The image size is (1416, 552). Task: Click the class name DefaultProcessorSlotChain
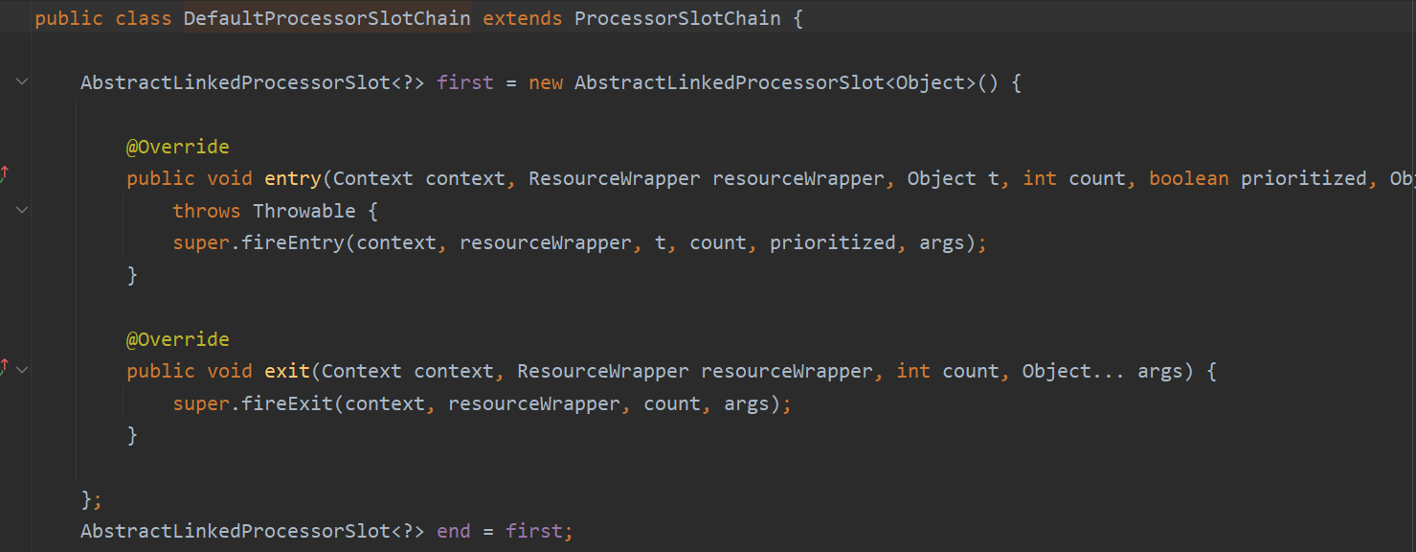point(326,18)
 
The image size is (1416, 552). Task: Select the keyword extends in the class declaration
point(522,18)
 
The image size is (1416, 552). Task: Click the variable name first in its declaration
point(464,82)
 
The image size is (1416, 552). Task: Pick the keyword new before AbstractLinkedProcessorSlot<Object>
point(546,82)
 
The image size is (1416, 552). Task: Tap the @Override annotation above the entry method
point(177,147)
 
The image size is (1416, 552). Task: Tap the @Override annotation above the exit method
point(177,339)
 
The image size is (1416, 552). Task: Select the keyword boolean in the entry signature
point(1188,178)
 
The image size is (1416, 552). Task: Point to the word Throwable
point(303,211)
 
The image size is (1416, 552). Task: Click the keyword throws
point(207,211)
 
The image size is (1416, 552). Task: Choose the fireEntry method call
point(292,242)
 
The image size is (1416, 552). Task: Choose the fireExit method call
point(286,403)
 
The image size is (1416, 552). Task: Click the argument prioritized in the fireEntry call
point(832,242)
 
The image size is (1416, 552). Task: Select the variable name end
point(453,531)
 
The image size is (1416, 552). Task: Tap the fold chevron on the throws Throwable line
point(22,210)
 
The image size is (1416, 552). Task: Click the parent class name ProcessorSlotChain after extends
point(677,18)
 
